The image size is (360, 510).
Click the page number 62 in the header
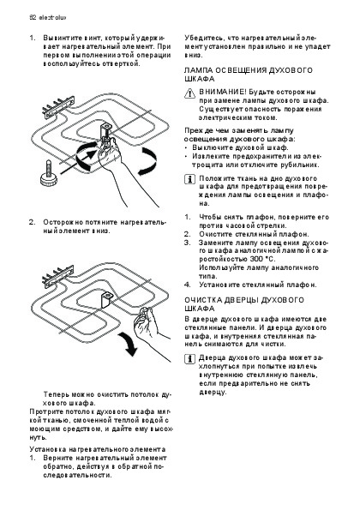[x=33, y=17]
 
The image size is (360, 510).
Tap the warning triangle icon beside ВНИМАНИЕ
[x=189, y=93]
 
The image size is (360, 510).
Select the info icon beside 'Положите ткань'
[x=189, y=179]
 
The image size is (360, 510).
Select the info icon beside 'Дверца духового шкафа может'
[x=189, y=359]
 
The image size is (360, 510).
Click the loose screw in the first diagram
[x=48, y=172]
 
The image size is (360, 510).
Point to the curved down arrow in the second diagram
[x=128, y=343]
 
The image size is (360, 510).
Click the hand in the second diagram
[x=151, y=332]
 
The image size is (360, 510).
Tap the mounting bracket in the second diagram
[x=106, y=299]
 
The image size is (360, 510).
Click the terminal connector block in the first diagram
[x=58, y=105]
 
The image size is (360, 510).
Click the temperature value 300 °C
[x=263, y=259]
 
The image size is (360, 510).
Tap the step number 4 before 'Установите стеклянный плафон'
[x=187, y=285]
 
